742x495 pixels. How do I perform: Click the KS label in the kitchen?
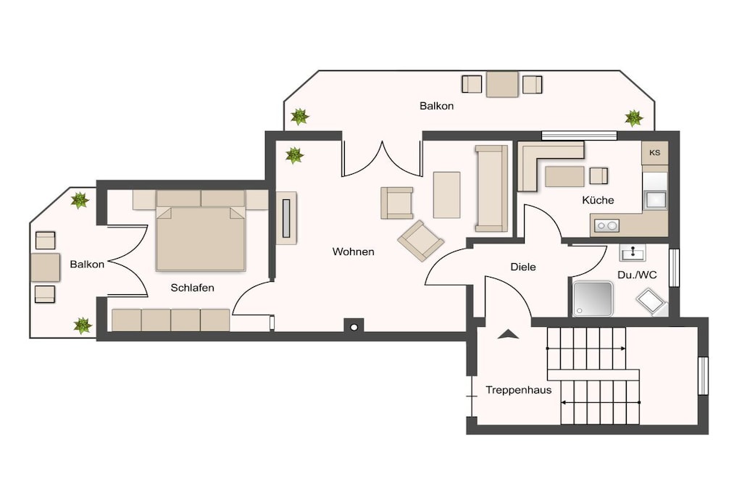tap(654, 153)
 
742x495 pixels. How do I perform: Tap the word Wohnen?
tap(353, 251)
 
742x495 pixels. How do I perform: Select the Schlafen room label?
tap(192, 288)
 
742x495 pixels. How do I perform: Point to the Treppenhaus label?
tap(519, 391)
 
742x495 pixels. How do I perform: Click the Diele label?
tap(523, 267)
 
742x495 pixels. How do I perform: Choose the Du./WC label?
tap(637, 275)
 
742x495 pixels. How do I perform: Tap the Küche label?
tap(598, 200)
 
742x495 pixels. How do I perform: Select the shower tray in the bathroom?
tap(593, 299)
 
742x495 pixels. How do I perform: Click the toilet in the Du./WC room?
tap(651, 302)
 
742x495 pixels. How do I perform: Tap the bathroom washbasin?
tap(633, 253)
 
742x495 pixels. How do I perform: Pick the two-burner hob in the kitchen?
tap(606, 225)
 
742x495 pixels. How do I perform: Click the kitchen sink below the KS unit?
tap(656, 200)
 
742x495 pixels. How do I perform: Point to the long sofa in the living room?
tap(491, 188)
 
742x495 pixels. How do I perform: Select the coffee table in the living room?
tap(446, 195)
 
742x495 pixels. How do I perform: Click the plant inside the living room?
tap(294, 155)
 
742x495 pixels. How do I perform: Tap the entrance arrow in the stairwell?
tap(508, 334)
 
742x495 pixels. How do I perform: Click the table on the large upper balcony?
tap(502, 84)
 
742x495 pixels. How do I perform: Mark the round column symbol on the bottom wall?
tap(354, 327)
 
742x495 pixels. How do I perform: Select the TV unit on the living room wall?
tap(286, 218)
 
